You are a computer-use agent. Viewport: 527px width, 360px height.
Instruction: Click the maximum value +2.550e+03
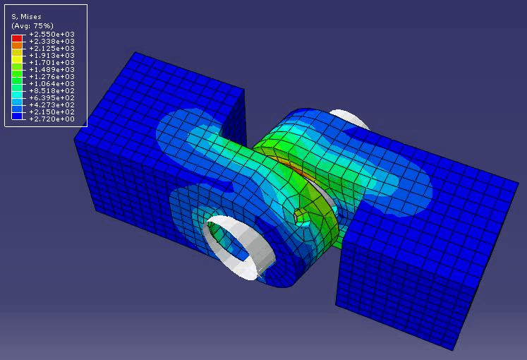click(50, 35)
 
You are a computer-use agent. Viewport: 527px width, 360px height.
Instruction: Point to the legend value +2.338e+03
click(50, 42)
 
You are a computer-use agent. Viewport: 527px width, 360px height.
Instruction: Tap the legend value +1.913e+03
click(50, 56)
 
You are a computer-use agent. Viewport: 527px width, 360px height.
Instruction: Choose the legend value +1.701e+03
click(50, 63)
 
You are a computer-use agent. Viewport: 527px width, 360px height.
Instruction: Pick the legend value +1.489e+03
click(50, 70)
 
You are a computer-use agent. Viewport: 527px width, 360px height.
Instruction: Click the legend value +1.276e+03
click(50, 77)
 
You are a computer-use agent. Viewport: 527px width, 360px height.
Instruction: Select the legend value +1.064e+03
click(50, 84)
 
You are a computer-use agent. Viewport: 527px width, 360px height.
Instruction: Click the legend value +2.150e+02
click(50, 112)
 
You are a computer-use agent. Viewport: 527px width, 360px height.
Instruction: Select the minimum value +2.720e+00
click(50, 119)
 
